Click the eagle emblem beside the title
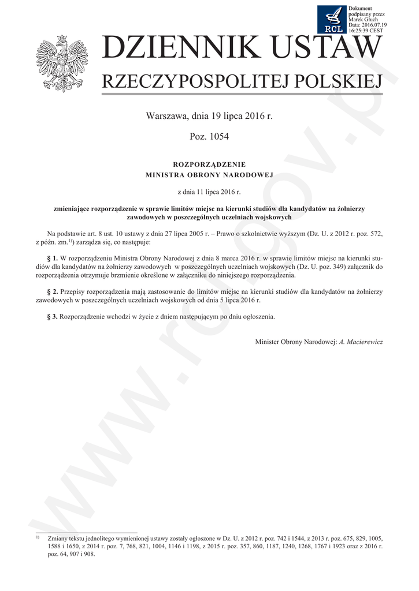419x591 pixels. [x=54, y=63]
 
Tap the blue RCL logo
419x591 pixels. [x=332, y=20]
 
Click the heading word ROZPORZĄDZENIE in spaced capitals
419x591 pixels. [x=209, y=164]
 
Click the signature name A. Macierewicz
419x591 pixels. [x=361, y=342]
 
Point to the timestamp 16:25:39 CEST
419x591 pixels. [x=366, y=30]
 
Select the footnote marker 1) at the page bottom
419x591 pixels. [x=38, y=537]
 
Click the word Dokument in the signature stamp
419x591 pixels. [x=361, y=8]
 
